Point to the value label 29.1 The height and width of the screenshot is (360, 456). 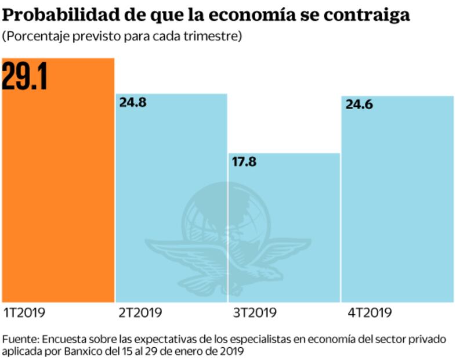[x=24, y=78]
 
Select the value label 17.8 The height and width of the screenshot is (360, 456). [x=244, y=162]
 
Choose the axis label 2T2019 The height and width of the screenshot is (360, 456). [x=140, y=313]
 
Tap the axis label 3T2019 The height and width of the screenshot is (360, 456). [x=254, y=313]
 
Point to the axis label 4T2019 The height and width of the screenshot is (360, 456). [x=370, y=313]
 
